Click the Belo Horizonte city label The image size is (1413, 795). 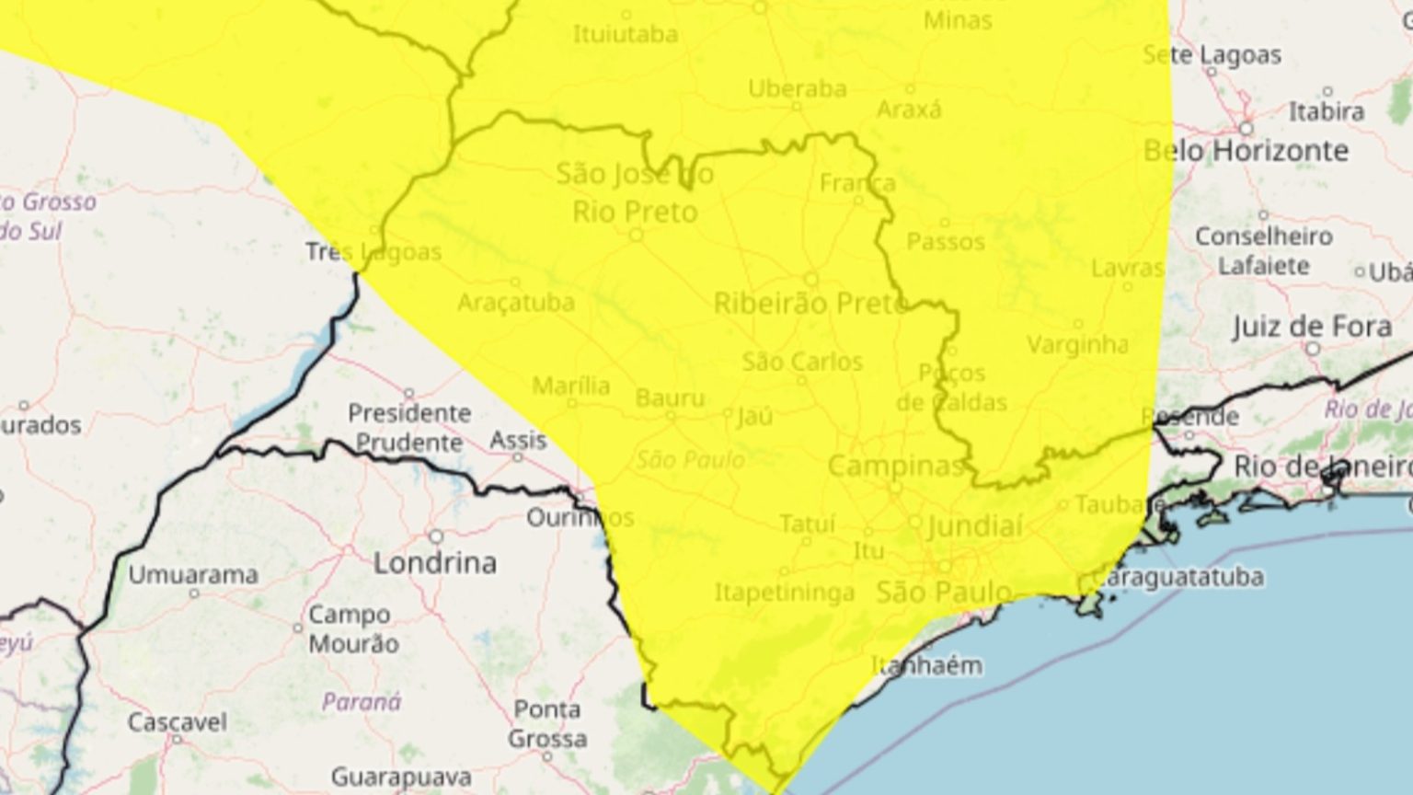[x=1246, y=151]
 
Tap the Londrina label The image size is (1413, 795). [x=434, y=562]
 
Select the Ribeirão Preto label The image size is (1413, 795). [x=810, y=303]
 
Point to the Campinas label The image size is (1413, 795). [x=896, y=466]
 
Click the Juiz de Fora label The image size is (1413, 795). [x=1312, y=327]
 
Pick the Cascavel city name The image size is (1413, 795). [x=177, y=722]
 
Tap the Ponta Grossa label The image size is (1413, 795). [x=547, y=724]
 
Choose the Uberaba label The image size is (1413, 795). [x=797, y=89]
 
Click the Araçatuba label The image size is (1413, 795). [x=515, y=303]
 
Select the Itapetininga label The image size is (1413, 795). [x=785, y=593]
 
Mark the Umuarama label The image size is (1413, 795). [x=193, y=575]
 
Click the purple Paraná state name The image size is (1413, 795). [x=362, y=703]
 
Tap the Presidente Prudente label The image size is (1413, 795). [x=409, y=428]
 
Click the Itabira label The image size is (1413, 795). [x=1326, y=112]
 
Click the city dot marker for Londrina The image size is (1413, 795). [x=435, y=536]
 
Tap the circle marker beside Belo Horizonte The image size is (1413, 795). [x=1246, y=128]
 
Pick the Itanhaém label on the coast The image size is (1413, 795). [x=926, y=664]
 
